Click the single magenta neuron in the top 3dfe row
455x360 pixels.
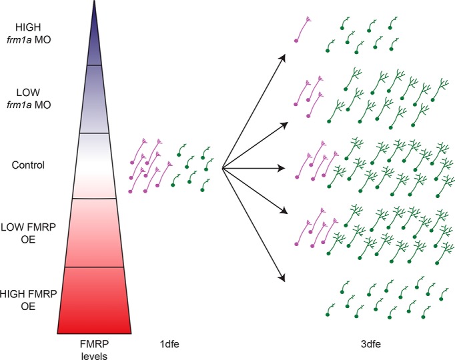pyautogui.click(x=304, y=30)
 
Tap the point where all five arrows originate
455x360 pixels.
pyautogui.click(x=221, y=166)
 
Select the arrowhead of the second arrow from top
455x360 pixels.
pyautogui.click(x=285, y=123)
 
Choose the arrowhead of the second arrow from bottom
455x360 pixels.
pyautogui.click(x=285, y=212)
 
